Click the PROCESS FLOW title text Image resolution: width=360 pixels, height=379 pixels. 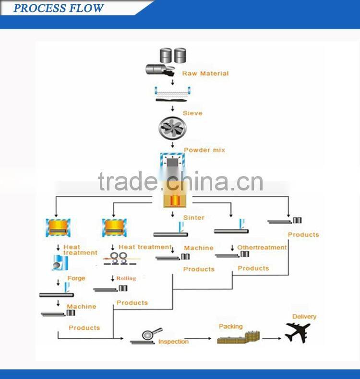tap(58, 8)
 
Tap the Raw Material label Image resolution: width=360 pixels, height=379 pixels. tap(205, 73)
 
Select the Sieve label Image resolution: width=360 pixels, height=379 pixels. tap(192, 113)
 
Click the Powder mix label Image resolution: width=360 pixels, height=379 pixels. tap(204, 150)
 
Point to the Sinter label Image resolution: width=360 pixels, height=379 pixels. tap(193, 217)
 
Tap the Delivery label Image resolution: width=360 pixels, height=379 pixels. tap(304, 317)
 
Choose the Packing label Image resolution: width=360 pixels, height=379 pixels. tap(231, 326)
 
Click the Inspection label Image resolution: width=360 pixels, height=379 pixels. tap(173, 342)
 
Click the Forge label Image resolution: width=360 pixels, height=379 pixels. tap(77, 278)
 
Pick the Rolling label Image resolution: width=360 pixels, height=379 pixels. tap(126, 278)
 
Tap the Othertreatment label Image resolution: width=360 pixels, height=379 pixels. tap(262, 248)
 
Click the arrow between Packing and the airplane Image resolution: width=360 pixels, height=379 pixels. tap(272, 339)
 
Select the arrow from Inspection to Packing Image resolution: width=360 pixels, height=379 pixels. tap(202, 339)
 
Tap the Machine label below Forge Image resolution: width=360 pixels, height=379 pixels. tap(82, 306)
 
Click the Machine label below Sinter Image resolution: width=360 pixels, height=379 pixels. tap(199, 248)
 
